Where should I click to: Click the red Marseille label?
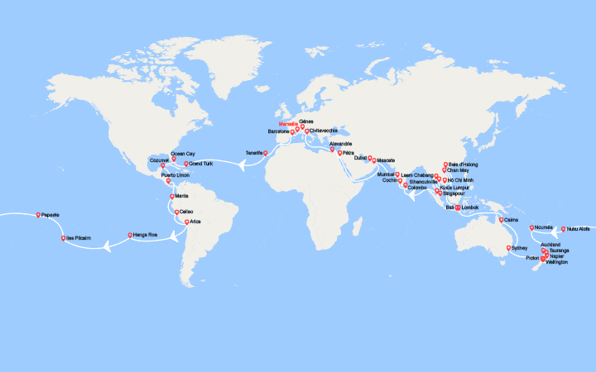pyautogui.click(x=288, y=125)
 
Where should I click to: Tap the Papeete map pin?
pyautogui.click(x=39, y=216)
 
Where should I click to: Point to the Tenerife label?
pyautogui.click(x=254, y=152)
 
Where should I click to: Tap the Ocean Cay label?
pyautogui.click(x=183, y=153)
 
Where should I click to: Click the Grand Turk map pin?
pyautogui.click(x=186, y=164)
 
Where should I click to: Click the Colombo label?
pyautogui.click(x=416, y=188)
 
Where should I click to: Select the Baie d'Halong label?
pyautogui.click(x=464, y=164)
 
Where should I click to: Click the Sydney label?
pyautogui.click(x=519, y=247)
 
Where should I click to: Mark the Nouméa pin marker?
pyautogui.click(x=532, y=227)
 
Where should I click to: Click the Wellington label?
pyautogui.click(x=557, y=262)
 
